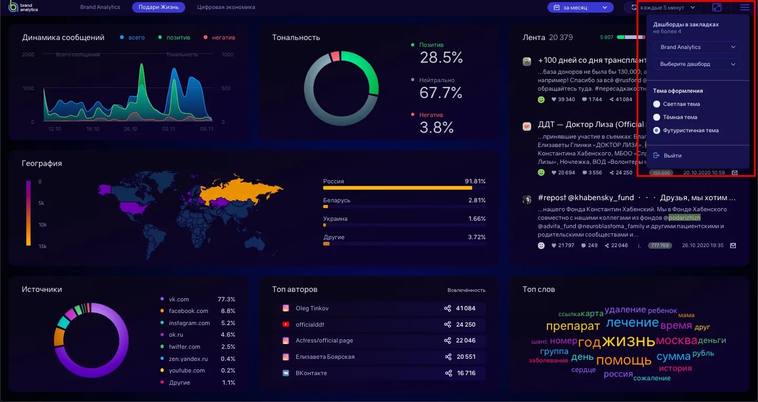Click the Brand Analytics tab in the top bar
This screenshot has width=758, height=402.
(x=100, y=7)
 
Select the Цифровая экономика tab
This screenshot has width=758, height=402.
(x=226, y=7)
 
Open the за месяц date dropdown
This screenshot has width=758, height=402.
(x=580, y=7)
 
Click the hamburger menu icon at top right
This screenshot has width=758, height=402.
(x=744, y=7)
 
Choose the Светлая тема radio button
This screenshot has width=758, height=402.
(x=656, y=104)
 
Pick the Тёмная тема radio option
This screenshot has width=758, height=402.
(x=656, y=117)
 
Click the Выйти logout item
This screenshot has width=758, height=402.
(x=672, y=155)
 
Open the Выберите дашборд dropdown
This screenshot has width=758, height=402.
(x=697, y=64)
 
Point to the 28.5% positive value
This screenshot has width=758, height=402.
(x=441, y=57)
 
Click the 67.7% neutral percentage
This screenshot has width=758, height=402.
(x=441, y=93)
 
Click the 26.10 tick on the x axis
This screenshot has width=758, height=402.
(x=130, y=129)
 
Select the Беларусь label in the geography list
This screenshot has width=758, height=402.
(x=336, y=200)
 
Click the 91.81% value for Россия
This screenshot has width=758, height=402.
(x=475, y=181)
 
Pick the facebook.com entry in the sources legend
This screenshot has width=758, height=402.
(x=188, y=311)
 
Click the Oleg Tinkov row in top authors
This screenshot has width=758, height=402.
(x=312, y=308)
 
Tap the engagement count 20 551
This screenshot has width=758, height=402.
(x=466, y=357)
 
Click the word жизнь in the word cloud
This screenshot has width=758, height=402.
(x=629, y=341)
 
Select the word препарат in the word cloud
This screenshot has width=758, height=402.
(x=573, y=326)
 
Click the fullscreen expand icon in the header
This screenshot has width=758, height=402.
(x=716, y=7)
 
